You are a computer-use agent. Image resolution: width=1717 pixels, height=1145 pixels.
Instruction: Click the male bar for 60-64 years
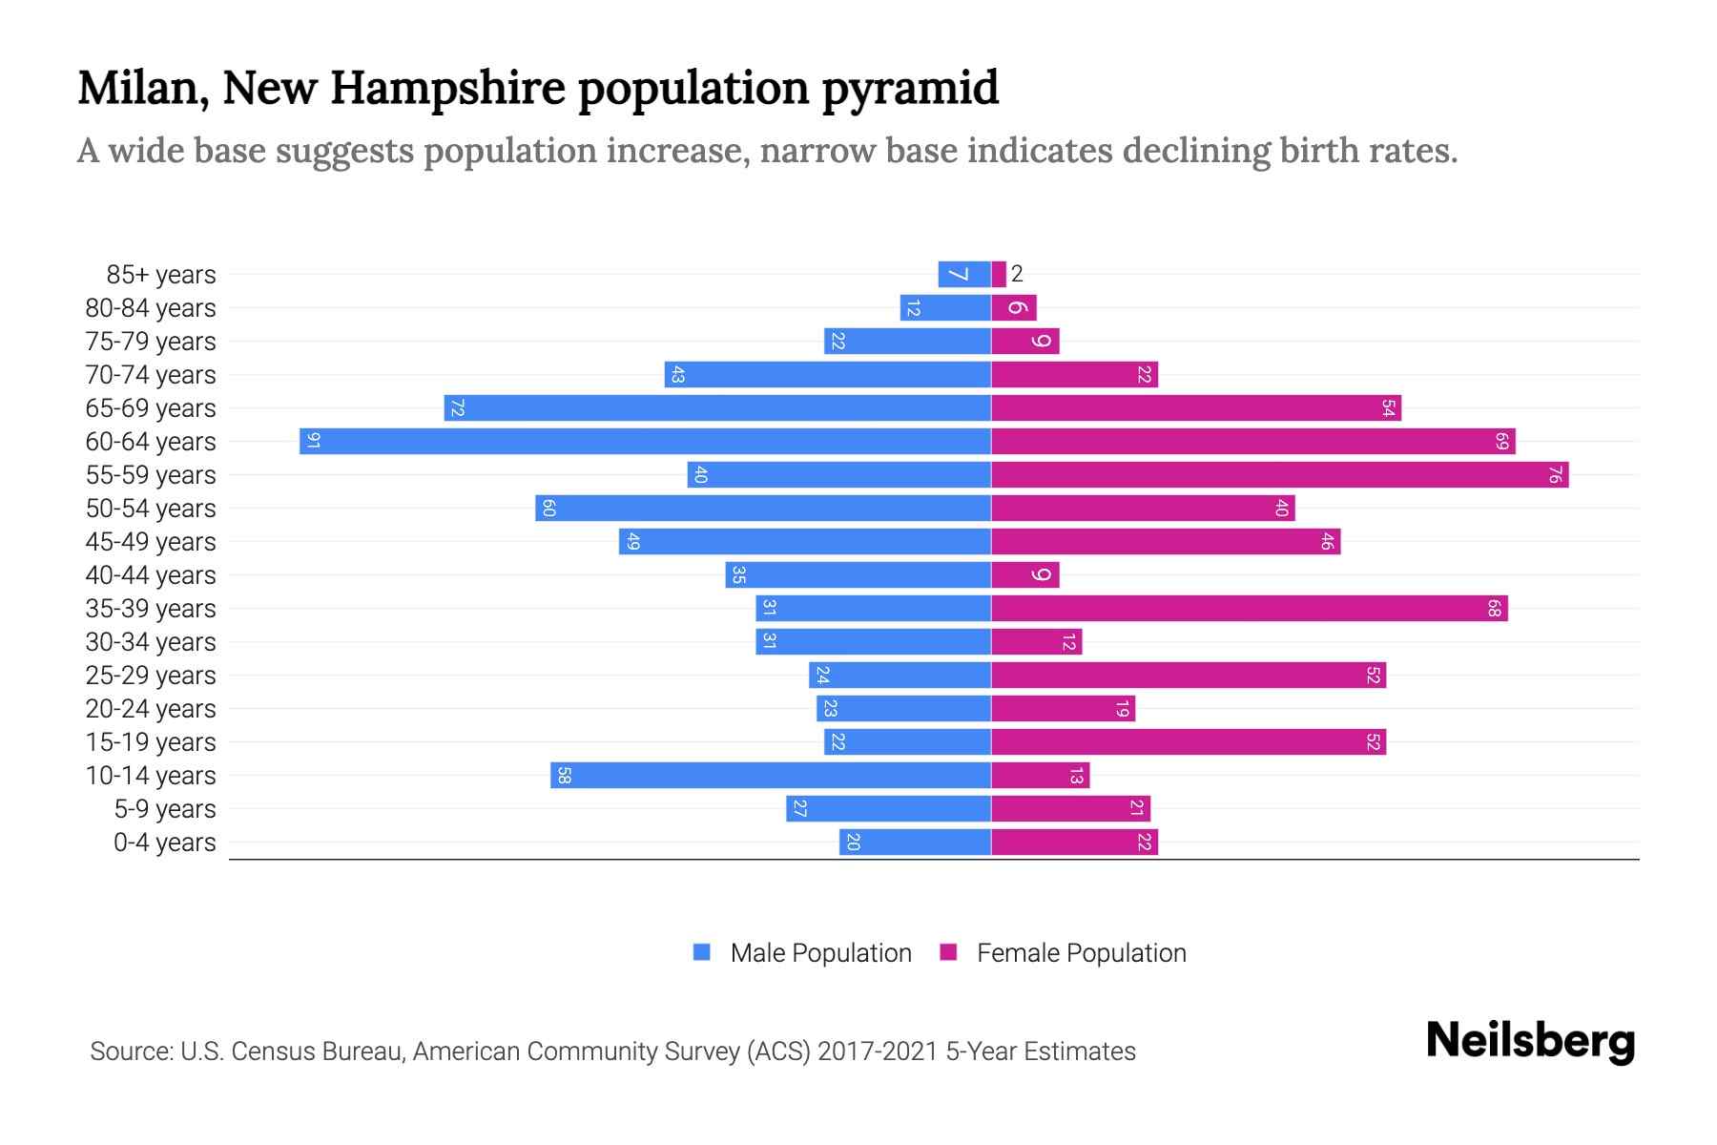tap(645, 441)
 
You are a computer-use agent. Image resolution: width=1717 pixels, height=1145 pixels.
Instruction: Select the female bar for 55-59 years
tap(1278, 474)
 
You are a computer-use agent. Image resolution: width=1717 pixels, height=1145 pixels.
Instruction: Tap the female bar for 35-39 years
tap(1248, 608)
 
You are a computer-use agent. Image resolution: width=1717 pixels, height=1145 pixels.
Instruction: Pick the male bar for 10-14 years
tap(771, 775)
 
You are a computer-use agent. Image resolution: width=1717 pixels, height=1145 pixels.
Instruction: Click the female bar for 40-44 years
tap(1024, 574)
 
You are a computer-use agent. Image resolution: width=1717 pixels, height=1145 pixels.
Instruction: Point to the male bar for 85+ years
tap(963, 274)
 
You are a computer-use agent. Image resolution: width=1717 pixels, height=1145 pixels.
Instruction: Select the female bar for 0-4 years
tap(1074, 842)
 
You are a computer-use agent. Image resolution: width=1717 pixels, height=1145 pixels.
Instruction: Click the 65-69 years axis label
tap(151, 408)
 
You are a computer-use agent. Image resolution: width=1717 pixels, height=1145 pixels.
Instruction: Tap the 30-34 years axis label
tap(151, 642)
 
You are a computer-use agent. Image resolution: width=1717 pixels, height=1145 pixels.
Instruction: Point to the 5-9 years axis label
tap(164, 809)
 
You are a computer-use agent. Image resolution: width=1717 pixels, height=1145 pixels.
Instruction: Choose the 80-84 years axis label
tap(151, 308)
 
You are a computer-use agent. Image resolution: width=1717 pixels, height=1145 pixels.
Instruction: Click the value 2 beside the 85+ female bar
tap(1017, 274)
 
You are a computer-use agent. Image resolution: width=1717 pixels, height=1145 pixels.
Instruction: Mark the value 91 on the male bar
tap(313, 441)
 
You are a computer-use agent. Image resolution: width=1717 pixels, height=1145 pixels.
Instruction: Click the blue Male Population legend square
tap(702, 952)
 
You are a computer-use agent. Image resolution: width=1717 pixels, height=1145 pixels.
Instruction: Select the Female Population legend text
tap(1081, 952)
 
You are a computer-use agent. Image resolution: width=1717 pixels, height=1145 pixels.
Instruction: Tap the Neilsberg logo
tap(1530, 1041)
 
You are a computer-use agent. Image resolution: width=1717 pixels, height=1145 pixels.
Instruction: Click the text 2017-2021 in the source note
tap(878, 1051)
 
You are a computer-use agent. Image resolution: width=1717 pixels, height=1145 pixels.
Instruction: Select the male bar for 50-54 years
tap(763, 508)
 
